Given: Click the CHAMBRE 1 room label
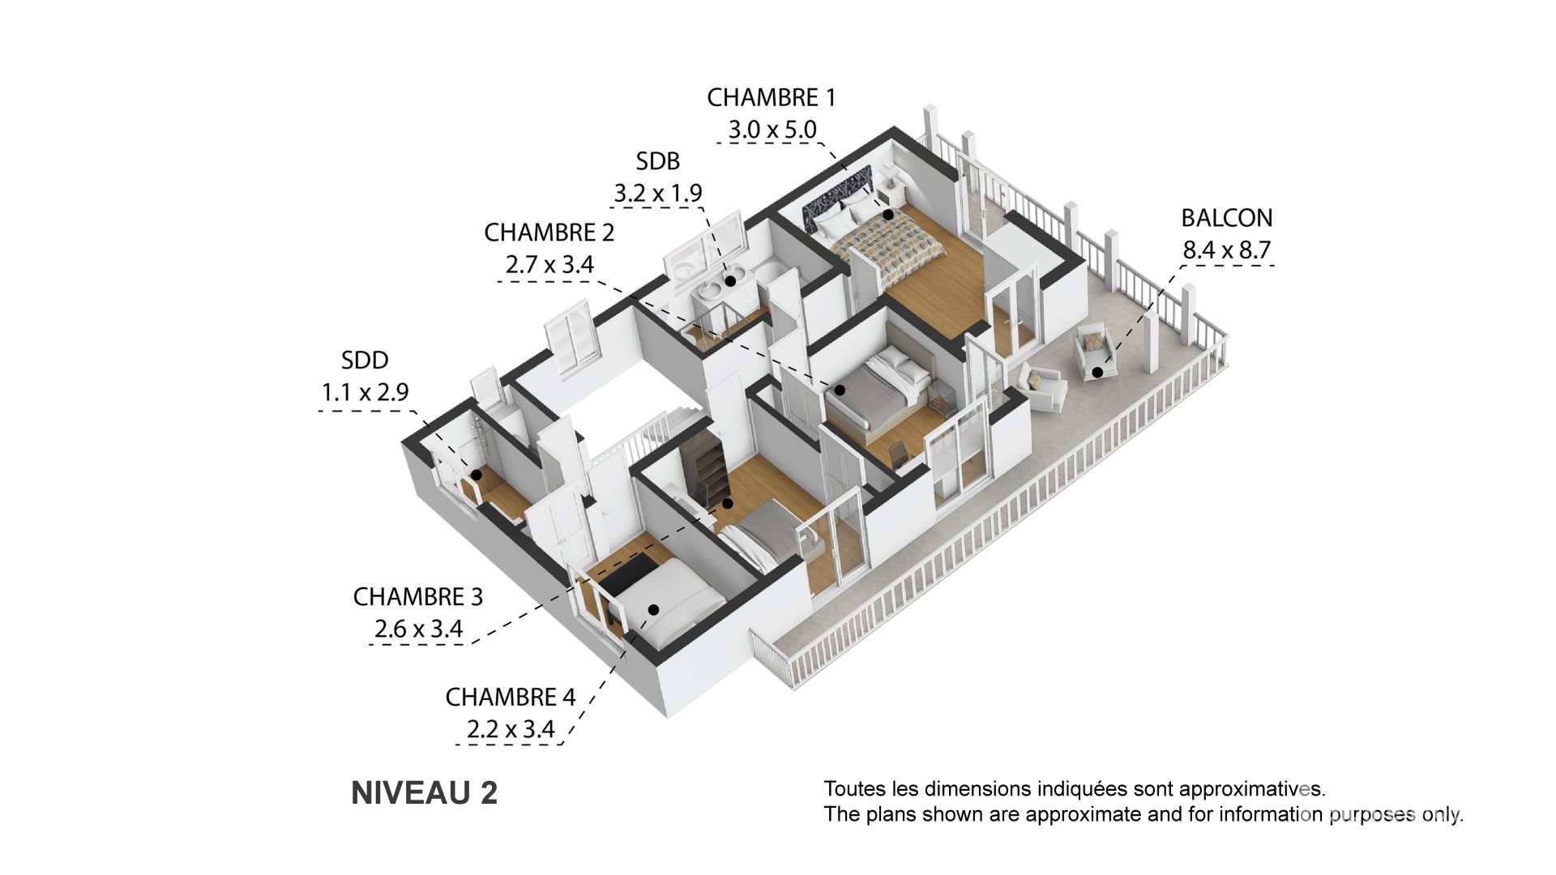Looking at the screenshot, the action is coord(771,97).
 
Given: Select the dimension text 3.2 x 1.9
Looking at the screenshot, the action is coord(658,194).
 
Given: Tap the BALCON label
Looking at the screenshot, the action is coord(1227,218).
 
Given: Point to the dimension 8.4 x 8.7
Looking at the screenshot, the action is coord(1226,250).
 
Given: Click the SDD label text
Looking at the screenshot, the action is coord(365,360).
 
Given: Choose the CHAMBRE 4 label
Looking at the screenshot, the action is coord(511,697).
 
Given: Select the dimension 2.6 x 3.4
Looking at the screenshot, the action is coord(418,629).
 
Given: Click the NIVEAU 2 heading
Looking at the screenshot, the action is coord(424,793).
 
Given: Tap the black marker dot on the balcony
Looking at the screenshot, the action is coord(1096,373).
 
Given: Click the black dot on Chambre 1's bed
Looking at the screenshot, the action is coord(888,215).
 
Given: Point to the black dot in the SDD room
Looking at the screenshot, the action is coord(477,476).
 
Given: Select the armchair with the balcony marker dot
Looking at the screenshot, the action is coord(1093,351).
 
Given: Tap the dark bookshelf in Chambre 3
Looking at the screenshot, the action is coord(703,469).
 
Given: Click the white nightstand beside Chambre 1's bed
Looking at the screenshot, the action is coord(894,191).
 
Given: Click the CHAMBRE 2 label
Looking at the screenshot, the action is coord(549,233).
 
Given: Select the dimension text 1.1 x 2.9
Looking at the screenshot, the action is coord(365,392).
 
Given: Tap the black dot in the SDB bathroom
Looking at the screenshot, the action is coord(730,281).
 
